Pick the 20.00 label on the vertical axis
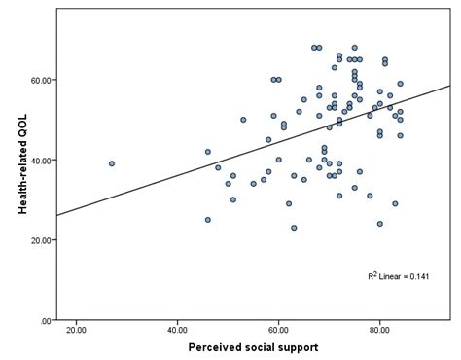click(40, 239)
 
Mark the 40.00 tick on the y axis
click(40, 160)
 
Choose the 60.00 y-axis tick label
click(40, 79)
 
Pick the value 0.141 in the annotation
click(419, 275)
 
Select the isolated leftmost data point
click(112, 163)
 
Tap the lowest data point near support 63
click(294, 228)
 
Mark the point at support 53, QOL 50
click(243, 120)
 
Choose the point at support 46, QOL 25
click(208, 220)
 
